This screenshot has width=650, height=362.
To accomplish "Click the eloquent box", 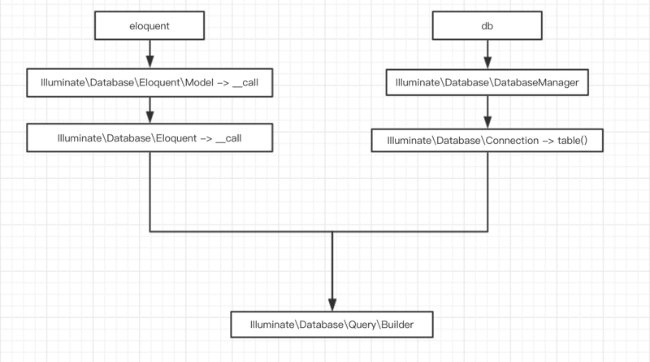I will (x=149, y=26).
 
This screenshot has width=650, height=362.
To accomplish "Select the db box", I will (x=487, y=26).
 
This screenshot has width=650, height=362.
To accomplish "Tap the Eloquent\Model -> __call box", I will (x=149, y=83).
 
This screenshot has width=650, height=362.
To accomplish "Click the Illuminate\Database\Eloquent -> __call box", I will (x=149, y=138).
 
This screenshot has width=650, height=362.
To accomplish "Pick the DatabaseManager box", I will (x=487, y=83).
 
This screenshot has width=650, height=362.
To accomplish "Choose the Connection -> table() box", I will (x=487, y=140).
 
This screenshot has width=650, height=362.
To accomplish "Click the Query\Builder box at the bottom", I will (x=333, y=325).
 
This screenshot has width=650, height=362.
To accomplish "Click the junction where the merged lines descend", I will (x=332, y=232).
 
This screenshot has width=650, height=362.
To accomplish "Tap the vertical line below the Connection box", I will (x=487, y=191).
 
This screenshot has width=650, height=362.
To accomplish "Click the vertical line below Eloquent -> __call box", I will (x=149, y=191).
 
